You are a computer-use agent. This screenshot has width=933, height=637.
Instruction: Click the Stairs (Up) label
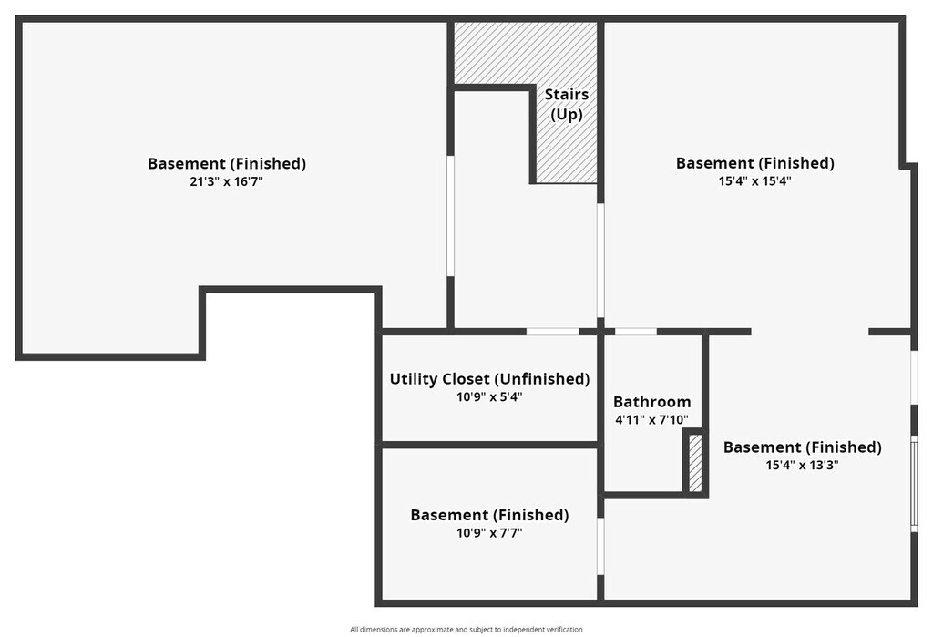click(x=566, y=105)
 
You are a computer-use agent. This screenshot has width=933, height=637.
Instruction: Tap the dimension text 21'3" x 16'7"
click(x=227, y=181)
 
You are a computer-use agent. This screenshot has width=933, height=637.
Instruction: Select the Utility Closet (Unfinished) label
click(x=489, y=379)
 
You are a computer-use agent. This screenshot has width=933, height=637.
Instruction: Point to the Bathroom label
click(x=651, y=402)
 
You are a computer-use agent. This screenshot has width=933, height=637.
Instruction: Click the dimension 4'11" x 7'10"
click(x=651, y=420)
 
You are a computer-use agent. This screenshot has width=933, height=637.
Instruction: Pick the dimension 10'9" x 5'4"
click(x=489, y=397)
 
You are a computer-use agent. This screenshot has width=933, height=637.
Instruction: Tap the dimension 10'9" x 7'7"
click(x=489, y=533)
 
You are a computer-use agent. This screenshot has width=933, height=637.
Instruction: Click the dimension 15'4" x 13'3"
click(x=802, y=465)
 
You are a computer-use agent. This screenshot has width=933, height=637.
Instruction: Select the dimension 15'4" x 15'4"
click(x=754, y=180)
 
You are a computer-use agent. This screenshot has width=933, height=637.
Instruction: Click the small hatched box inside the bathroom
click(x=695, y=464)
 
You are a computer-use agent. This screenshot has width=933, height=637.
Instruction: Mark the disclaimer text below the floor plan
click(x=466, y=629)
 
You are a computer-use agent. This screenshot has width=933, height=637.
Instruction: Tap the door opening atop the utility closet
click(x=553, y=331)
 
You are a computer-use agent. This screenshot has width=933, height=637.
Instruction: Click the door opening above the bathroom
click(x=635, y=331)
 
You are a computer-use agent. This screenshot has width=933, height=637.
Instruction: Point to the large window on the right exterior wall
click(x=914, y=483)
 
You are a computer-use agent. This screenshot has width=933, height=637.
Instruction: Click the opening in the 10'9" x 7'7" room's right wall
click(x=600, y=546)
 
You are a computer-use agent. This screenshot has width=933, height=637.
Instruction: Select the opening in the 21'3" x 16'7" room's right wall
click(x=450, y=216)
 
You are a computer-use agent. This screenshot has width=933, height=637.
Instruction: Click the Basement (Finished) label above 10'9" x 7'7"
click(x=489, y=515)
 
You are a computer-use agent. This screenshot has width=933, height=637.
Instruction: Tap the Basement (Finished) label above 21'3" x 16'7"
click(x=227, y=164)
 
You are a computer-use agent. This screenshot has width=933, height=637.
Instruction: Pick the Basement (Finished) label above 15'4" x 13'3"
click(x=802, y=447)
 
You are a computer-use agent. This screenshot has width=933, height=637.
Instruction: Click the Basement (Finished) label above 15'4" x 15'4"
click(x=754, y=163)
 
